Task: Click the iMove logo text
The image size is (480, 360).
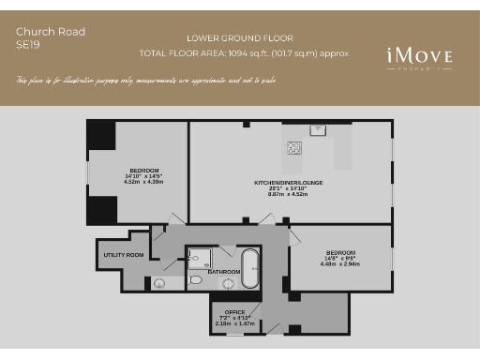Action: click(419, 56)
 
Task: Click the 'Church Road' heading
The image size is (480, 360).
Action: click(51, 31)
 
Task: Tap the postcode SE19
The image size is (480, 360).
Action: click(29, 44)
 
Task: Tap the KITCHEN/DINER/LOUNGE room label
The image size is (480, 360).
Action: click(288, 182)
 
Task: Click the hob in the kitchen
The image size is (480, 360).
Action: click(294, 147)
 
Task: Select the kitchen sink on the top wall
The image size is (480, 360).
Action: click(318, 129)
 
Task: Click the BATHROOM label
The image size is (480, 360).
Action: click(224, 272)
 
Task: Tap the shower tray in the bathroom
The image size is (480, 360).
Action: click(200, 257)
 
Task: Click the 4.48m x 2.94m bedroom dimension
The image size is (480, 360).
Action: click(340, 263)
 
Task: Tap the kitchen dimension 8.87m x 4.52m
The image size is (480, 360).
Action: click(288, 195)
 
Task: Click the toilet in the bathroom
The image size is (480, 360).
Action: click(195, 278)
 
